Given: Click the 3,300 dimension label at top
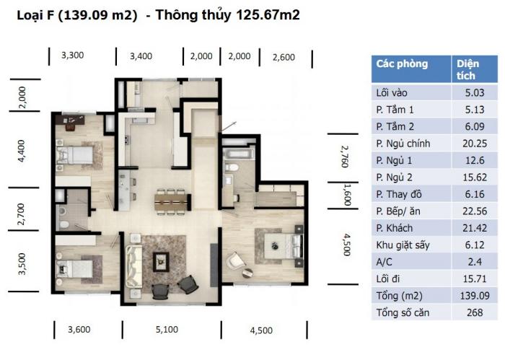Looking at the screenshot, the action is pyautogui.click(x=72, y=56).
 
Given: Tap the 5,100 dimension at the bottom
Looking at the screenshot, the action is pyautogui.click(x=167, y=330).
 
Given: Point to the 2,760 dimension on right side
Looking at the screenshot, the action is pyautogui.click(x=345, y=157).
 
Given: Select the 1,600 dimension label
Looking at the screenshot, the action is pyautogui.click(x=347, y=195).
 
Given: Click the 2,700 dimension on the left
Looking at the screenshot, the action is pyautogui.click(x=21, y=214).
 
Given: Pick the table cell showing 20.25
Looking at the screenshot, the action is pyautogui.click(x=475, y=144).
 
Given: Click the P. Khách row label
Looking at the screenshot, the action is pyautogui.click(x=395, y=228).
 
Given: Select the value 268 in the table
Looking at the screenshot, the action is pyautogui.click(x=475, y=312).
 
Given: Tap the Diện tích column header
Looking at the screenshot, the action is pyautogui.click(x=467, y=69).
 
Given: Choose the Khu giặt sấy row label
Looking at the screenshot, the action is pyautogui.click(x=403, y=245).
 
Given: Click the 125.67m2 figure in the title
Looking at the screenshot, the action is pyautogui.click(x=268, y=15).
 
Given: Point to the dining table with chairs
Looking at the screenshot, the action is pyautogui.click(x=171, y=200).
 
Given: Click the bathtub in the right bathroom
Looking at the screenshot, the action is pyautogui.click(x=238, y=152).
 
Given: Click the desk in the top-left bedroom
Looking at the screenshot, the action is pyautogui.click(x=70, y=120).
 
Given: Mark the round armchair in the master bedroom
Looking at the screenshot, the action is pyautogui.click(x=234, y=261).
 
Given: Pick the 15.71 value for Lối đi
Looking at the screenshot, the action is pyautogui.click(x=475, y=279).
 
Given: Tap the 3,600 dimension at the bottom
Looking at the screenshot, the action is pyautogui.click(x=79, y=330).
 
